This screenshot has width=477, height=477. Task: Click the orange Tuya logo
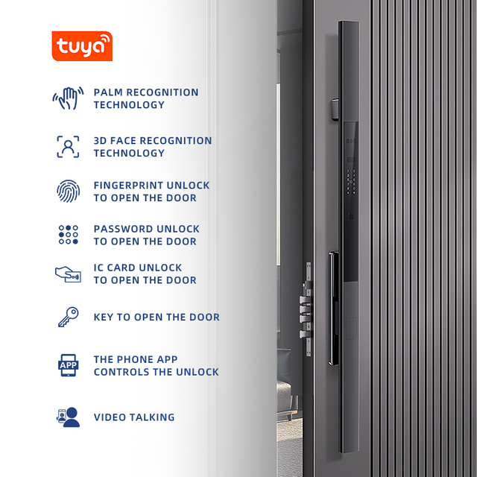point(82,46)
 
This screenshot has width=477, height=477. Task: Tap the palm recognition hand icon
point(68,98)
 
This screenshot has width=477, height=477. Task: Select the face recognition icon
point(68,147)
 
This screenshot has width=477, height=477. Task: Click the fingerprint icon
point(68,191)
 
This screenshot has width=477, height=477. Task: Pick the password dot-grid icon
point(68,235)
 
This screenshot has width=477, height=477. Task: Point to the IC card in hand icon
point(68,274)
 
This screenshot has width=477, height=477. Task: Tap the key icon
point(68,317)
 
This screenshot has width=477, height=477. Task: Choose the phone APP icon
point(68,365)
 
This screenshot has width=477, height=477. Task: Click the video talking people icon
point(68,417)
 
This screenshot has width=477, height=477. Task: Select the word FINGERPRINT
point(128,186)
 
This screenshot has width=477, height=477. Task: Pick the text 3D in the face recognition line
point(100,141)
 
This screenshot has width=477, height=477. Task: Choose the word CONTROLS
point(121,372)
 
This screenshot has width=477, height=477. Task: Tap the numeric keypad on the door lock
point(351,182)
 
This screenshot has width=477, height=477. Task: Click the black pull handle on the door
point(334,308)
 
